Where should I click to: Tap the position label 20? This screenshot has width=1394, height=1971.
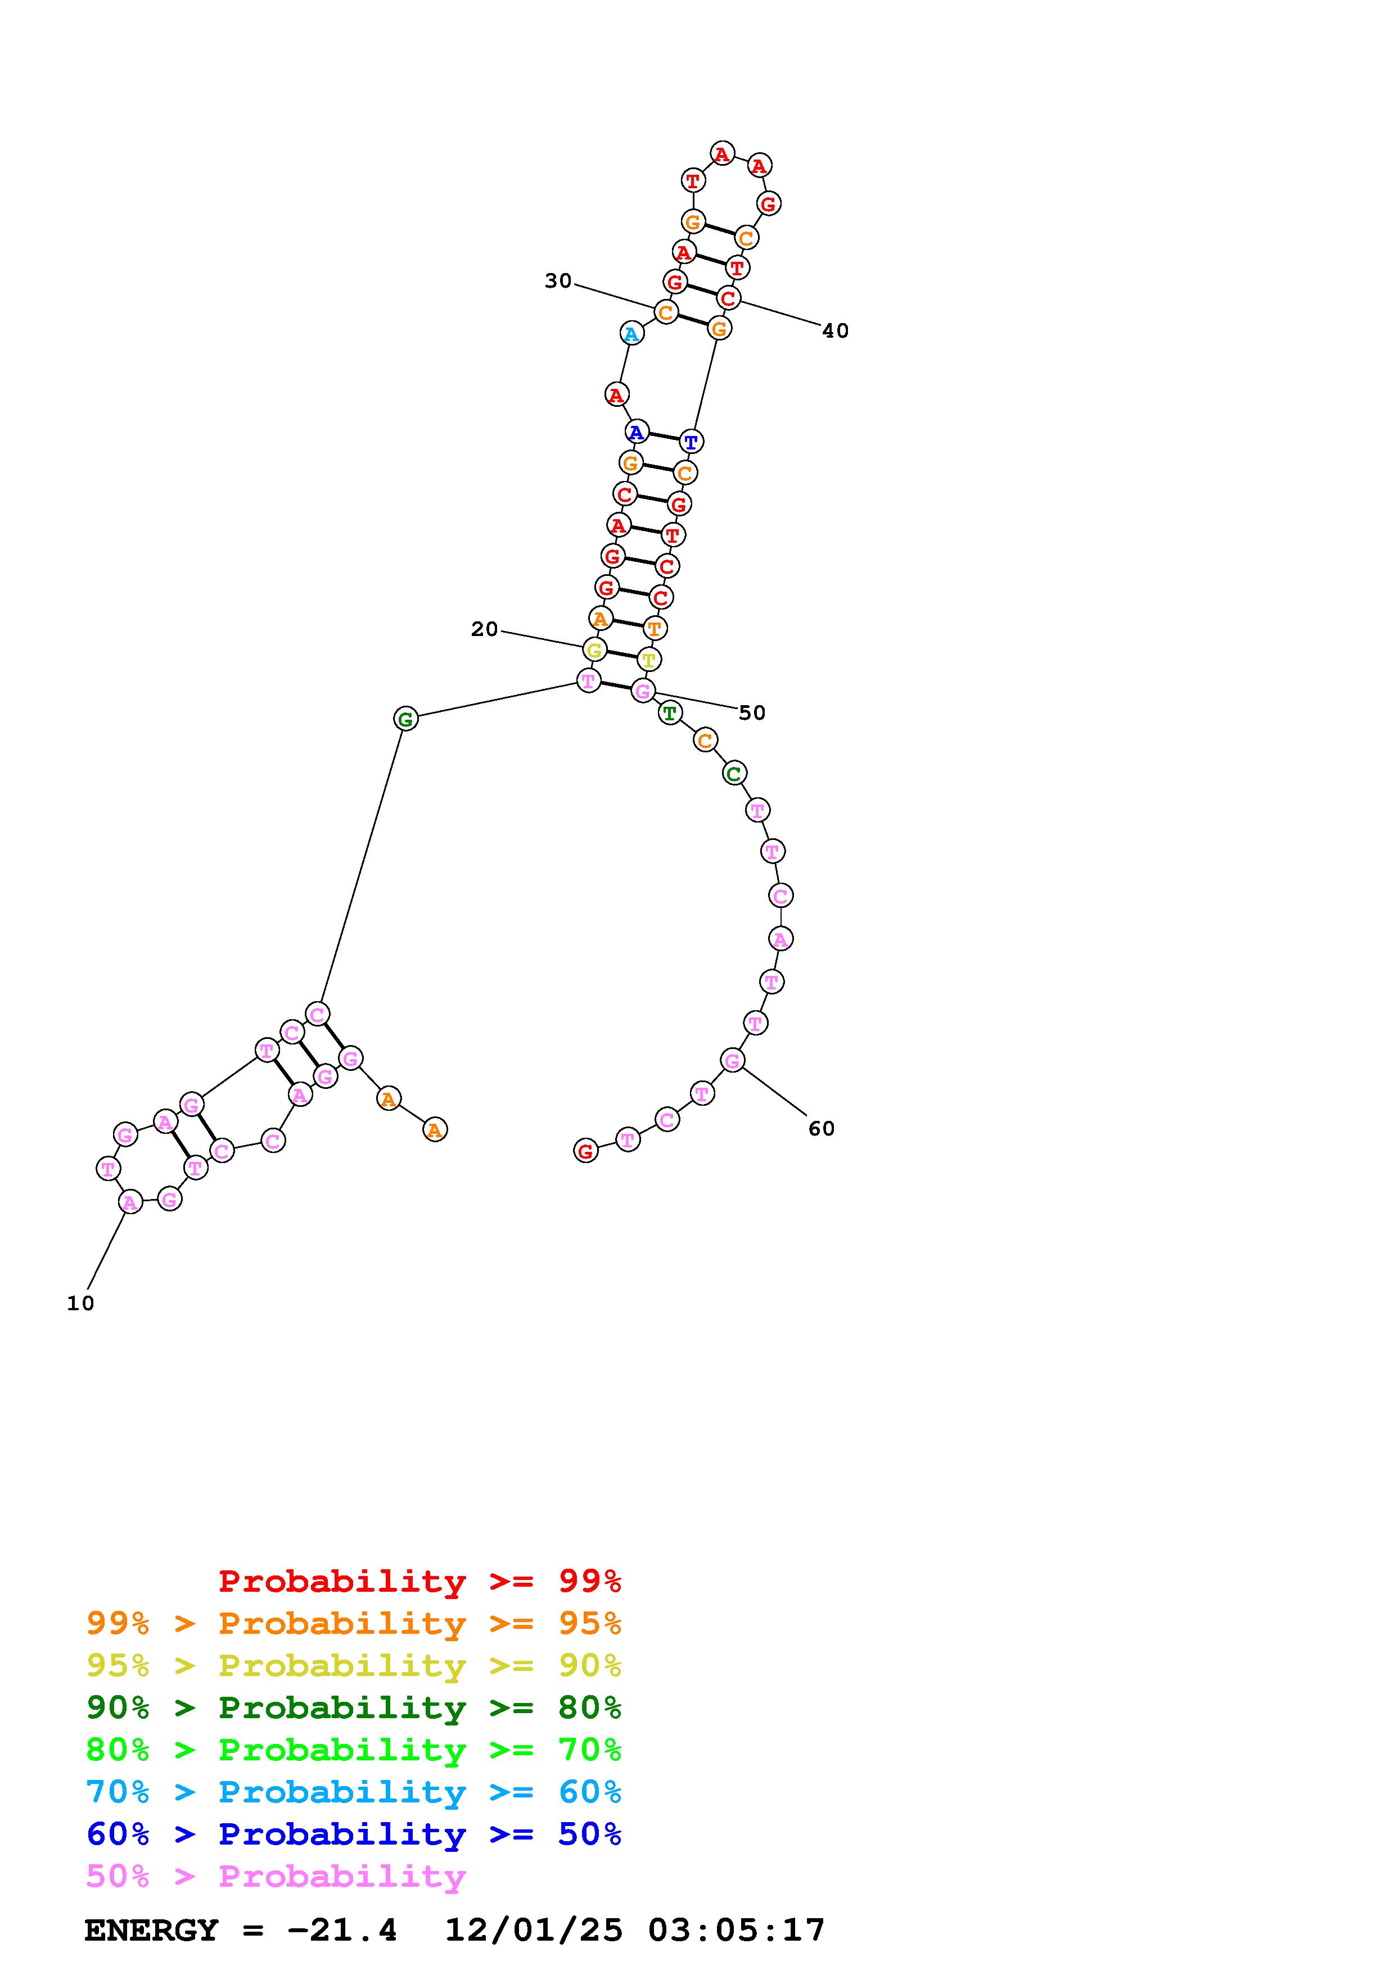click(x=484, y=629)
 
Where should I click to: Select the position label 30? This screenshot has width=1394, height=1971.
click(x=558, y=281)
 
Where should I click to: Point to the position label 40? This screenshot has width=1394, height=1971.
click(x=835, y=330)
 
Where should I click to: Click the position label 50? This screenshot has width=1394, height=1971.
click(x=751, y=712)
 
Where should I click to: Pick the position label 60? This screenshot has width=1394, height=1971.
click(x=821, y=1128)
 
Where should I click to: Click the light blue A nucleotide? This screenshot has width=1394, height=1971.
click(x=631, y=333)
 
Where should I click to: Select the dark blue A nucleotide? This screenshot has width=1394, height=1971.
click(x=637, y=432)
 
